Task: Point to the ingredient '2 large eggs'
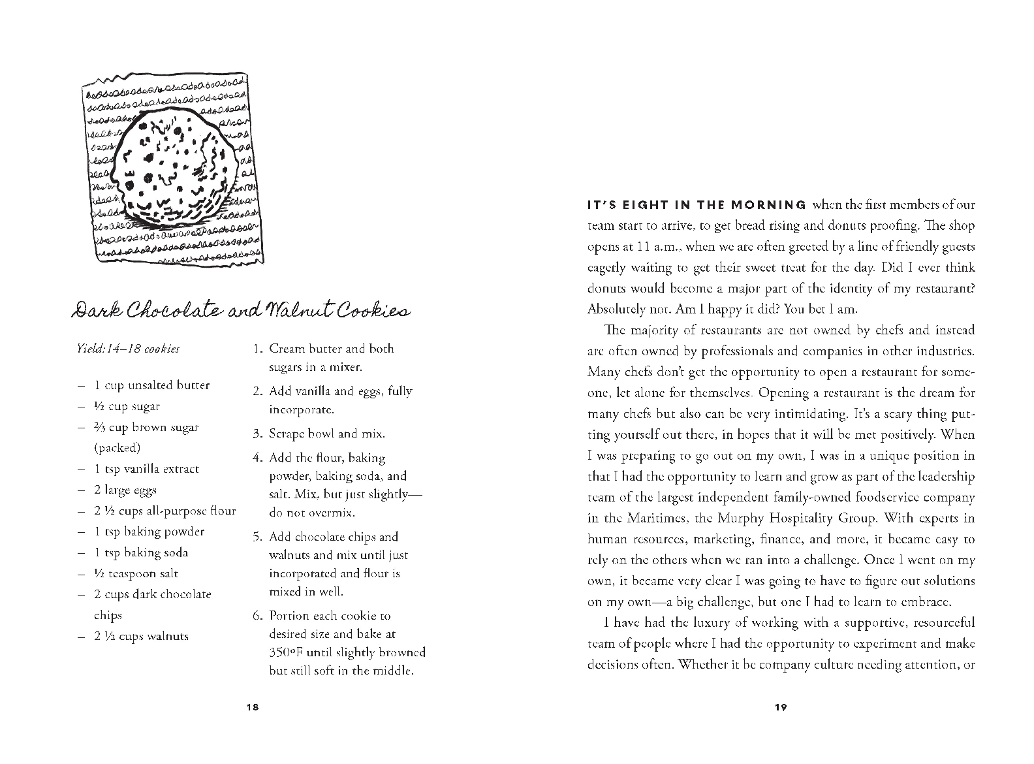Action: pos(125,490)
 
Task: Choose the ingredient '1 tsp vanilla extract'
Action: pos(146,469)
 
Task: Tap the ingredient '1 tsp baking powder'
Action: pos(149,532)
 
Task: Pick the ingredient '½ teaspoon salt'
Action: pos(136,573)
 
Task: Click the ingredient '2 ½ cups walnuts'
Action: pos(141,636)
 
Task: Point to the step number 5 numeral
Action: pos(257,537)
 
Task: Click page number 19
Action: pos(781,707)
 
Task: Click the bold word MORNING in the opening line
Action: pos(768,205)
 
